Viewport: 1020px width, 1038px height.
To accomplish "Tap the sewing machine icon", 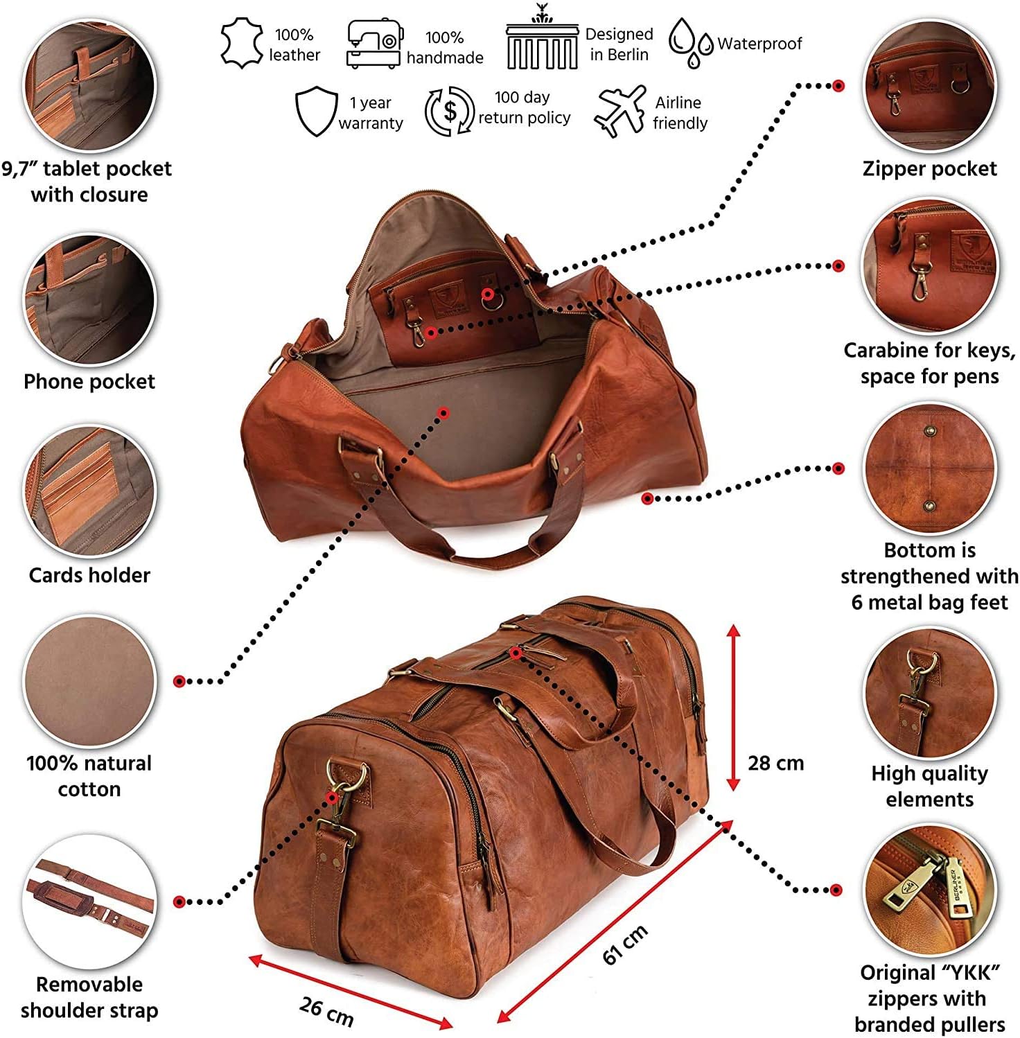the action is tap(373, 44).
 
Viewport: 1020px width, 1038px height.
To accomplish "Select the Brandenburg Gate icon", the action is tap(541, 42).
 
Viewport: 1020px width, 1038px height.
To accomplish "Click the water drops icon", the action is tap(689, 42).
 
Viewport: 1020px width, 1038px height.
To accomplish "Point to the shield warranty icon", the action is tap(316, 112).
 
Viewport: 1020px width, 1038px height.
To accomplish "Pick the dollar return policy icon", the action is tap(450, 112).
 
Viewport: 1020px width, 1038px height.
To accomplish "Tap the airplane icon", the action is tap(619, 111).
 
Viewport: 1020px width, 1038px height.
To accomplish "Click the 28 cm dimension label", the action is tap(775, 763).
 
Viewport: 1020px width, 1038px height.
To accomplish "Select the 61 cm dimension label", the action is tap(624, 944).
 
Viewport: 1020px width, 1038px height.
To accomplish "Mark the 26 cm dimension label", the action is tap(326, 1011).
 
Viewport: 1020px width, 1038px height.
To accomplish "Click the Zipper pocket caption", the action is tap(929, 168).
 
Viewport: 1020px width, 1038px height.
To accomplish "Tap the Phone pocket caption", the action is tap(89, 381).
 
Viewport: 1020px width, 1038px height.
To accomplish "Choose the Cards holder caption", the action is tap(89, 575).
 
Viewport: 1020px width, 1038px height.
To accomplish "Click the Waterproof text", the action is tap(759, 44).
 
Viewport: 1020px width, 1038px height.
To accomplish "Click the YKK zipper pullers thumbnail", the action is tap(929, 890).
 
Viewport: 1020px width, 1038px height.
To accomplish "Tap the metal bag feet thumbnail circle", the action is tap(929, 468).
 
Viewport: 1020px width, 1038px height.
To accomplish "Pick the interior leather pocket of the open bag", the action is tap(454, 312).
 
